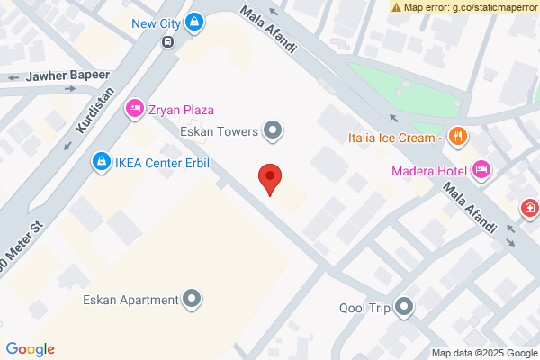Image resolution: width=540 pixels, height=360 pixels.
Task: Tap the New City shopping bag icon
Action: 195,22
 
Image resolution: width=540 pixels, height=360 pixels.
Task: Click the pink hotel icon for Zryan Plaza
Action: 134,110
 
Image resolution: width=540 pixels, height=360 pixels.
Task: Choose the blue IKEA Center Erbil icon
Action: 102,162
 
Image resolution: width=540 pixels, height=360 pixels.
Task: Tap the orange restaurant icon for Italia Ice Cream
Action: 458,137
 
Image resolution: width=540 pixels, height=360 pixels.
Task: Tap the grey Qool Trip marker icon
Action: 405,308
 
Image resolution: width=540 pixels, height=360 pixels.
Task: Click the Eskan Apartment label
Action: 130,300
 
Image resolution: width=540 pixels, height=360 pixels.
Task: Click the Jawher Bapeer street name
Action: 67,76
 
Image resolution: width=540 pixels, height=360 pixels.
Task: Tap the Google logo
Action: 30,349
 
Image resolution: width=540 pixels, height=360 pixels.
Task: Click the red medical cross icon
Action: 531,209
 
